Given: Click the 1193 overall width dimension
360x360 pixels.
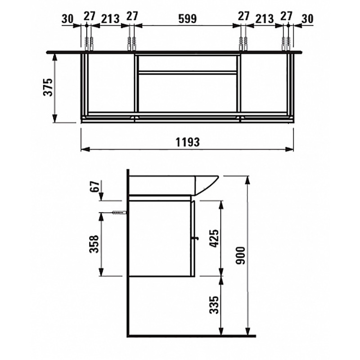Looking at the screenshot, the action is point(188,142).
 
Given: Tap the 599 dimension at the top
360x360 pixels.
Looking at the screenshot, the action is point(188,18).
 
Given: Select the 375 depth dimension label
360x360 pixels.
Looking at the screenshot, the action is point(48,87).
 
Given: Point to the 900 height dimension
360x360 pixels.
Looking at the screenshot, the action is point(241,255).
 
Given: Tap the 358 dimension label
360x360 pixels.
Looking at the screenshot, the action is point(94,243).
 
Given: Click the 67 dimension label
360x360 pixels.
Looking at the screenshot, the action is point(95,187).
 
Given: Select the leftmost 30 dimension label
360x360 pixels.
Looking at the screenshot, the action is point(67,18).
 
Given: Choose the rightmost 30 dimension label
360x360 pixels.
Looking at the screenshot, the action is point(307,18).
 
